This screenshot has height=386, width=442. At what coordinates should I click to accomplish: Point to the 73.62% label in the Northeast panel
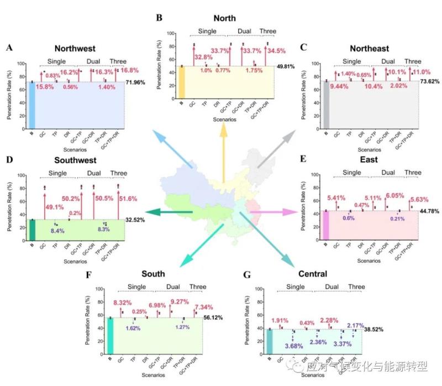(x=432, y=81)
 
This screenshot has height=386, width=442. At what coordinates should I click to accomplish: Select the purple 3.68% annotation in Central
(x=296, y=346)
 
